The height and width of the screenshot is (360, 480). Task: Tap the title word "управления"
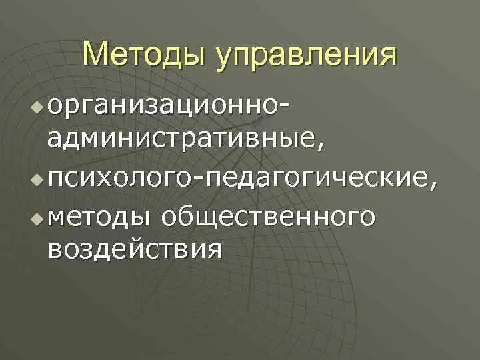(304, 56)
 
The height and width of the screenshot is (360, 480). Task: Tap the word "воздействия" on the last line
(134, 251)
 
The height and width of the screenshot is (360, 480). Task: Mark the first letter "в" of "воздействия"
(54, 251)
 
